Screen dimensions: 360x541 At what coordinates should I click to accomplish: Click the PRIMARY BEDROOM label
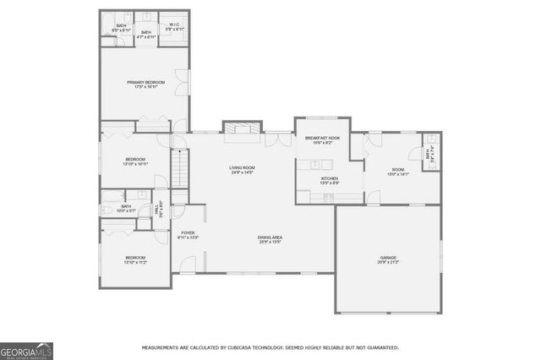(145, 82)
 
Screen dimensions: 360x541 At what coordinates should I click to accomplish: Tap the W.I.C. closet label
(173, 25)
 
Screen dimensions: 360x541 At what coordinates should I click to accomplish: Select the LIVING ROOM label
(242, 167)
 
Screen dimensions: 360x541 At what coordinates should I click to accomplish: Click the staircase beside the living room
(179, 167)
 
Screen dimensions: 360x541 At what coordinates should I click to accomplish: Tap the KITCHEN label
(329, 178)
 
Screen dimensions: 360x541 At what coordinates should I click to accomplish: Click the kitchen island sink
(330, 197)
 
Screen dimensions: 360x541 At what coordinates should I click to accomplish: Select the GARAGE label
(388, 258)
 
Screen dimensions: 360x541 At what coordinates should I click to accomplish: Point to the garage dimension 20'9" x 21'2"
(388, 263)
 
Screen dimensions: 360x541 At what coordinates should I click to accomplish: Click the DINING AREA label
(270, 237)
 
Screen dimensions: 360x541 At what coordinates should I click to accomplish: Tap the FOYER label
(188, 233)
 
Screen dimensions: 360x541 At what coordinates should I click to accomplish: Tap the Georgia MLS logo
(27, 350)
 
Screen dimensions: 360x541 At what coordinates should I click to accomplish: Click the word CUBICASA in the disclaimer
(240, 347)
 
